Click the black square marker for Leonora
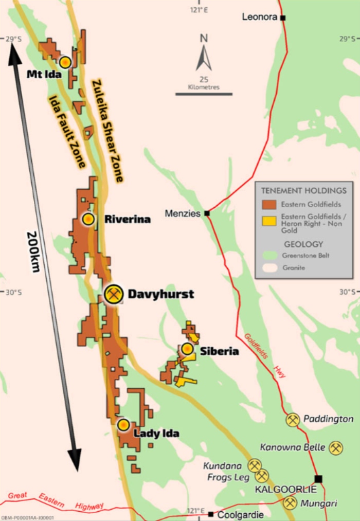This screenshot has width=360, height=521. pyautogui.click(x=282, y=17)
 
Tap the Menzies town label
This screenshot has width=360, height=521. pyautogui.click(x=183, y=213)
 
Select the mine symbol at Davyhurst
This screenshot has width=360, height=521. pyautogui.click(x=113, y=294)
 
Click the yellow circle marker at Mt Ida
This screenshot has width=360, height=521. pyautogui.click(x=65, y=62)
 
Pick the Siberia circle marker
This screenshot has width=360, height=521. pyautogui.click(x=187, y=349)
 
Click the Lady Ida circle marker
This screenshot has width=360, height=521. pyautogui.click(x=123, y=425)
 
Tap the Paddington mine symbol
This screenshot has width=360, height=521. pyautogui.click(x=293, y=420)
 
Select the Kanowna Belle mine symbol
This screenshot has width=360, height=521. pyautogui.click(x=336, y=447)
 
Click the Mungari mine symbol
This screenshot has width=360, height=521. pyautogui.click(x=290, y=502)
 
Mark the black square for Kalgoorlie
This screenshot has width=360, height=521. pyautogui.click(x=318, y=479)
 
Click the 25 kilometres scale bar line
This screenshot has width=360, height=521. pyautogui.click(x=204, y=94)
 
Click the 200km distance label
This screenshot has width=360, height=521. pyautogui.click(x=32, y=251)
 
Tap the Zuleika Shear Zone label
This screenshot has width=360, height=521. pyautogui.click(x=107, y=131)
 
